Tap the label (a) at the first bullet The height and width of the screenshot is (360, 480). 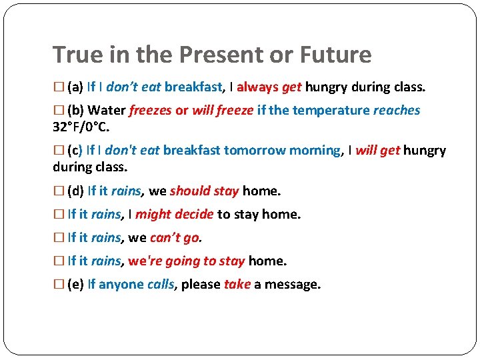(75, 87)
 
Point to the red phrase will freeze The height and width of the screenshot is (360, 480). (223, 111)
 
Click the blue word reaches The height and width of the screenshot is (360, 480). (397, 111)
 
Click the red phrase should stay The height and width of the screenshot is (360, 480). (204, 191)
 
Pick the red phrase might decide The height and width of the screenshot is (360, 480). (175, 215)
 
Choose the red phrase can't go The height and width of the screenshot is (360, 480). (175, 238)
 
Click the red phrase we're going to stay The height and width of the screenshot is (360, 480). (187, 261)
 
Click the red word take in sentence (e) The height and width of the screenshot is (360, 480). (237, 285)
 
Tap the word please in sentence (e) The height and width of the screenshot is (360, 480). (201, 285)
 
